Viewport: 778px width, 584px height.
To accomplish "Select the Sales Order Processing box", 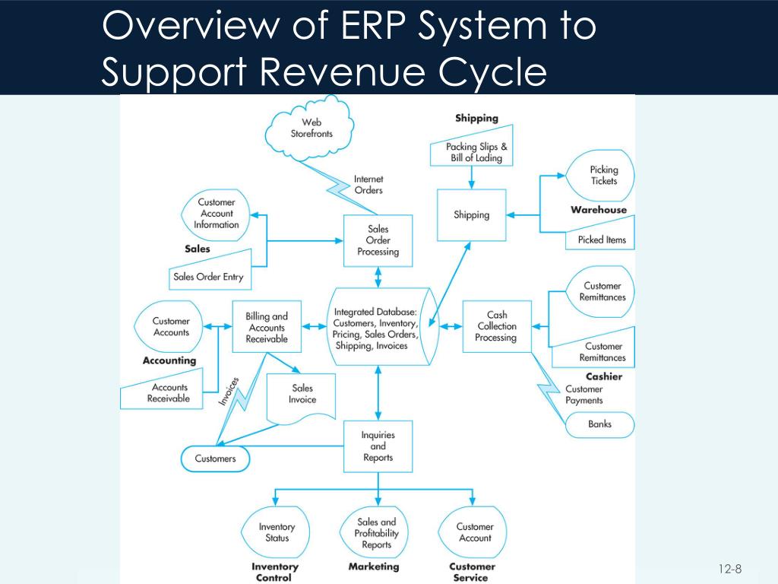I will [378, 240].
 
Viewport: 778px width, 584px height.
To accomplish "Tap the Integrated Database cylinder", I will [376, 328].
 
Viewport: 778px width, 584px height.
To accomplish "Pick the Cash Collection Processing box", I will [495, 326].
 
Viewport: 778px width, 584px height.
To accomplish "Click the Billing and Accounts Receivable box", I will [267, 328].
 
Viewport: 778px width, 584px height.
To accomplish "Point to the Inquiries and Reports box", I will [378, 446].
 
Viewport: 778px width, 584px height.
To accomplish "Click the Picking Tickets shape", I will [602, 176].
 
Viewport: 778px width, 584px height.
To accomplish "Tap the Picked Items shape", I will [601, 240].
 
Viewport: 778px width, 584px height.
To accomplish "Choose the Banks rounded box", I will [599, 424].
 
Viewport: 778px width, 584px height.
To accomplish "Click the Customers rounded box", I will [215, 459].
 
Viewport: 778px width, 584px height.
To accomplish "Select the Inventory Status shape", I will [277, 532].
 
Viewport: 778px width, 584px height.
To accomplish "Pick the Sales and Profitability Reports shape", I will [377, 533].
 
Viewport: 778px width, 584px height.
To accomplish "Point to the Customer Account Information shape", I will [215, 214].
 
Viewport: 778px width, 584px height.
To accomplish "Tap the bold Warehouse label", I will [599, 210].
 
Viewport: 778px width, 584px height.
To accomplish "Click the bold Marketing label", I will [374, 567].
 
